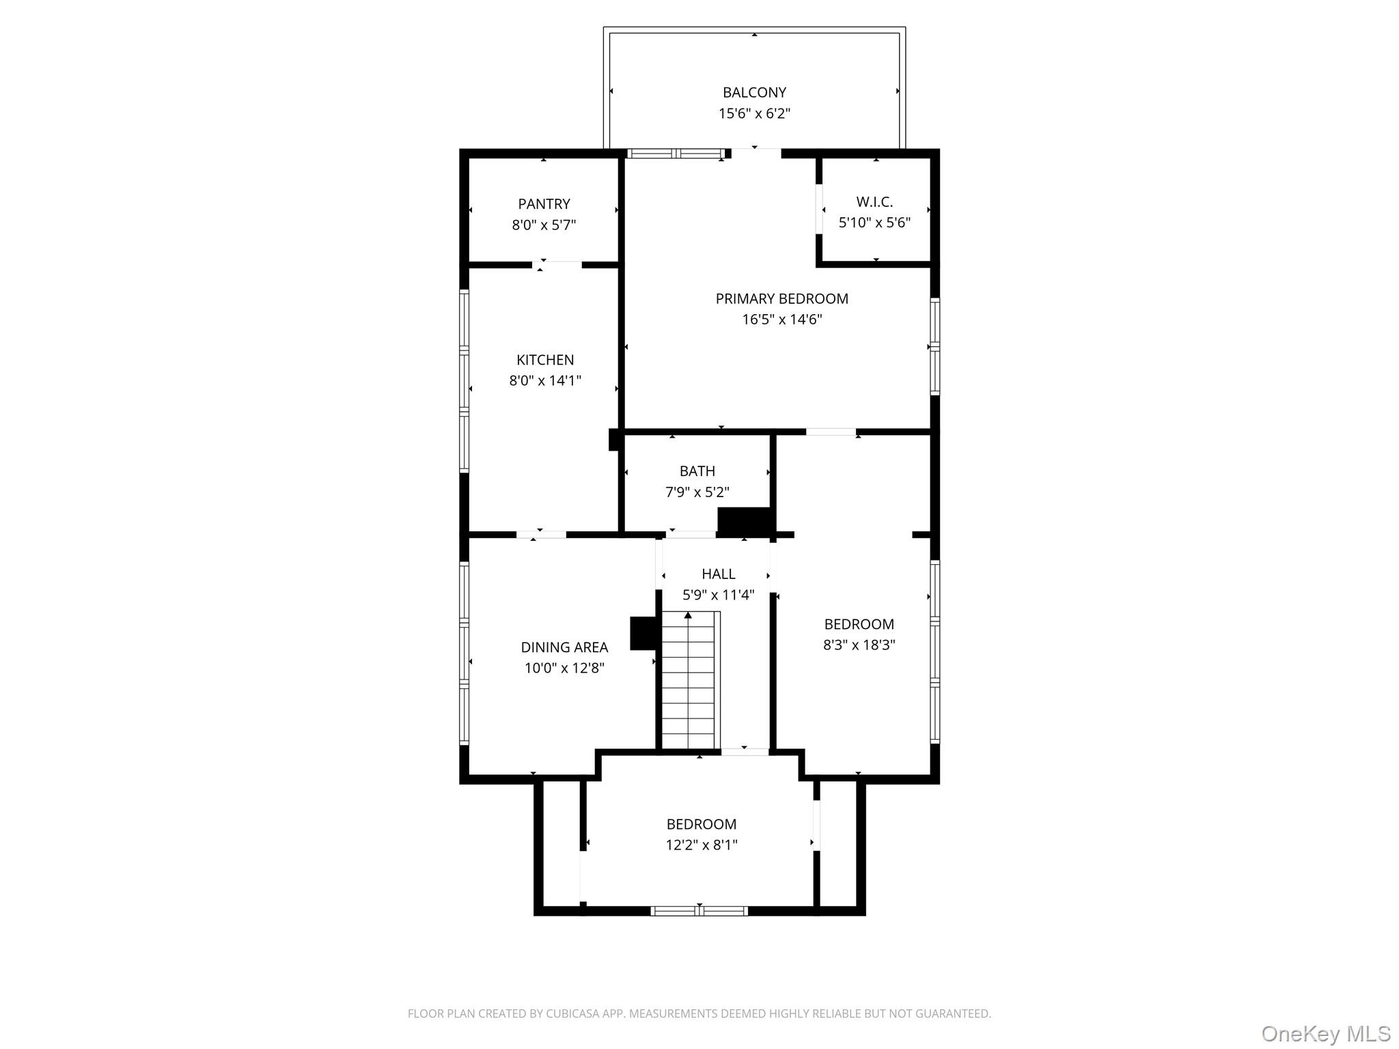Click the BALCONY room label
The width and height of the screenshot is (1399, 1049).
click(x=754, y=92)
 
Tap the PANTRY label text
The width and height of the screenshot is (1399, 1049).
click(x=544, y=204)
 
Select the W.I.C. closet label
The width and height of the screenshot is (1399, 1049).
click(x=874, y=201)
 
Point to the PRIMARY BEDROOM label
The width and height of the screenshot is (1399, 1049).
click(x=781, y=298)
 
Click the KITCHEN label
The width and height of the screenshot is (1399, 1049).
click(x=545, y=360)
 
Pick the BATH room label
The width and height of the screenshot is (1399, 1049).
click(x=697, y=471)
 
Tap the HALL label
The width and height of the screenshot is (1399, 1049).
click(x=719, y=574)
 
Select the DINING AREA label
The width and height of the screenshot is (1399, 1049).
click(x=564, y=647)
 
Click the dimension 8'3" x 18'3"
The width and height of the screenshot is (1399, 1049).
click(x=859, y=645)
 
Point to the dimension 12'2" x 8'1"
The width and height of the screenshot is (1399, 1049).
click(x=702, y=845)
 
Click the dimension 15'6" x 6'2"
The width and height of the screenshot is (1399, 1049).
click(x=754, y=113)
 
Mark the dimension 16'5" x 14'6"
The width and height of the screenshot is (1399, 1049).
click(x=781, y=319)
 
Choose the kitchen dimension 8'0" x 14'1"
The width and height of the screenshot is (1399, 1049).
click(x=545, y=380)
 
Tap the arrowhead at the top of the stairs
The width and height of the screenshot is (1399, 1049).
click(x=689, y=615)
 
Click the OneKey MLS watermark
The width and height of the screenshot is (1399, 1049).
click(x=1326, y=1033)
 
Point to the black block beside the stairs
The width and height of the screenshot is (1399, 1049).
click(x=643, y=633)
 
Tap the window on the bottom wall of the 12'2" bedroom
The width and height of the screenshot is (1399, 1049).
click(x=699, y=910)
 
